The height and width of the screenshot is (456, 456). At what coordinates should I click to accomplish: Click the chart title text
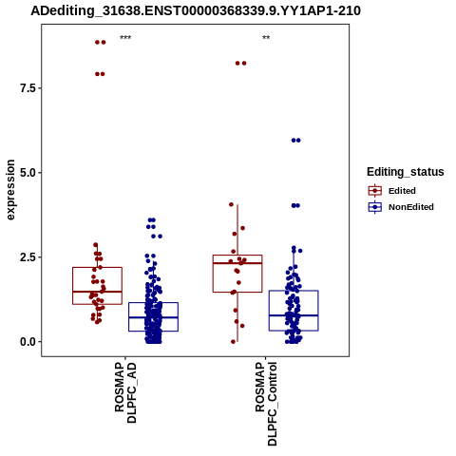click(x=196, y=10)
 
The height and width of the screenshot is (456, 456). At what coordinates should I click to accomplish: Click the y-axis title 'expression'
click(x=10, y=190)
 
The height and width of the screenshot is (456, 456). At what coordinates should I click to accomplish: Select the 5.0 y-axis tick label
click(x=28, y=173)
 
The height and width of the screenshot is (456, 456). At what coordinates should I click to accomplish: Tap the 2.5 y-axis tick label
click(x=28, y=257)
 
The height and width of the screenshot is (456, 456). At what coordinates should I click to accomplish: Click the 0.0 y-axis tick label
click(x=28, y=342)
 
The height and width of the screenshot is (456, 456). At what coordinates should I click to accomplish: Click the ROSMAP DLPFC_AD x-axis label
click(x=125, y=393)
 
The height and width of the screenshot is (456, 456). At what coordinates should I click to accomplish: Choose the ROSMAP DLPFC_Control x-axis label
click(x=266, y=404)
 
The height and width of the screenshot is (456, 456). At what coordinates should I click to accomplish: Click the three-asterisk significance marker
click(x=125, y=38)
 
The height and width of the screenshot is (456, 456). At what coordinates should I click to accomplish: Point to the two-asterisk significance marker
click(x=266, y=38)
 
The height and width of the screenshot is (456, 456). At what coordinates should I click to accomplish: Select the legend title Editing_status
click(x=406, y=172)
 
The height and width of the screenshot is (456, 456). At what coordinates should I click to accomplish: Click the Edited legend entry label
click(x=402, y=191)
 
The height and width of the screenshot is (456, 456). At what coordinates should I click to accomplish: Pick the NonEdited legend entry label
click(x=411, y=207)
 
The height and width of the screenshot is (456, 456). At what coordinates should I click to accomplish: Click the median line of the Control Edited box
click(x=237, y=263)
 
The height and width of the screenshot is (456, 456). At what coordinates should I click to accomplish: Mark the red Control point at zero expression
click(x=234, y=342)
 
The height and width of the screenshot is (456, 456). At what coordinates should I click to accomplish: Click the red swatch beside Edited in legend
click(x=375, y=191)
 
